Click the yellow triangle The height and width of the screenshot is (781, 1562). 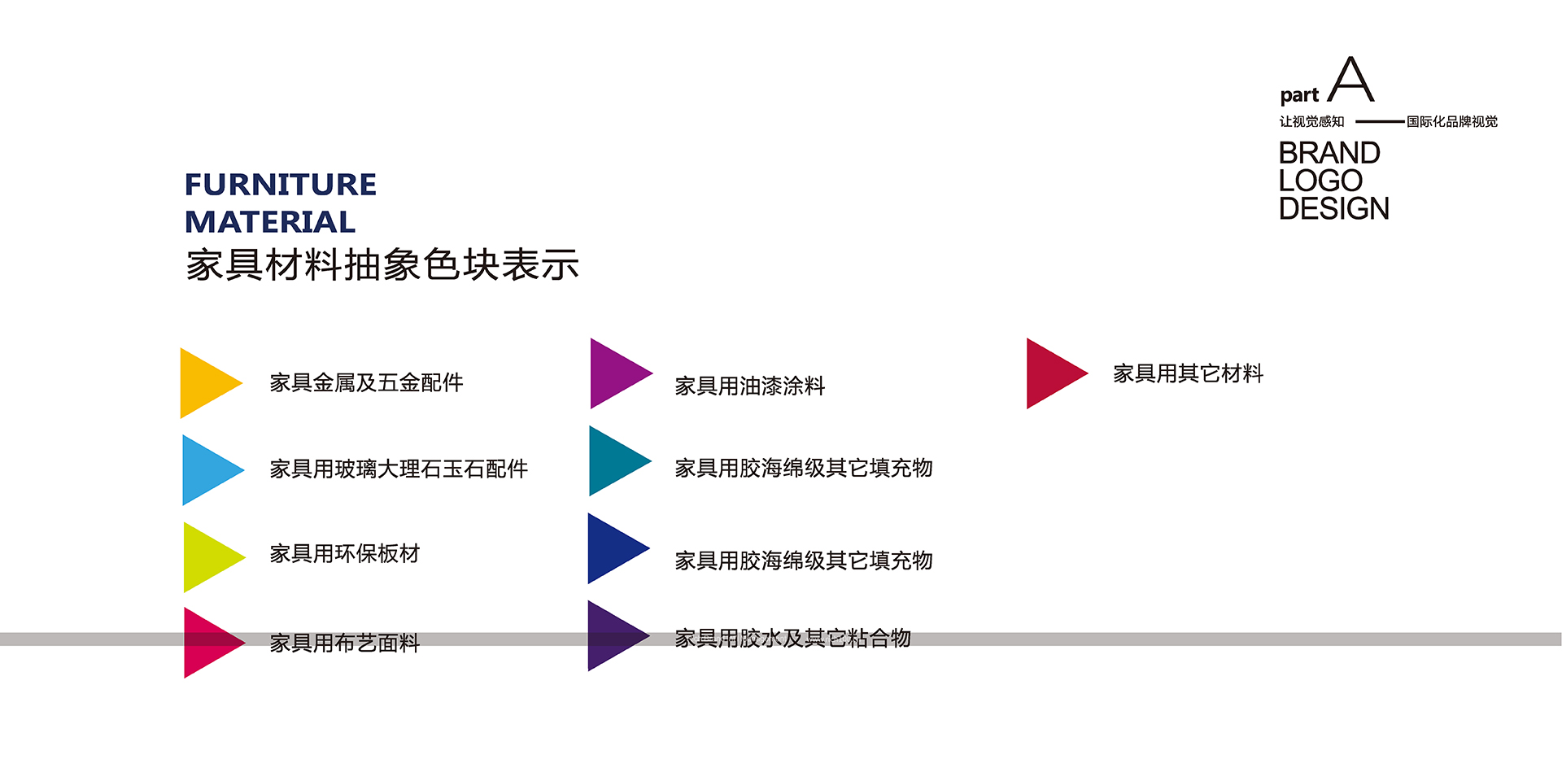(x=204, y=383)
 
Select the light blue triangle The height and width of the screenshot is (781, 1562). (x=206, y=470)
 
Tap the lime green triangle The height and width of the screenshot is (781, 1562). (x=207, y=557)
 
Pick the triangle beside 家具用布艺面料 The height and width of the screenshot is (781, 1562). (x=207, y=643)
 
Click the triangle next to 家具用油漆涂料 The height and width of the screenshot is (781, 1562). (x=614, y=373)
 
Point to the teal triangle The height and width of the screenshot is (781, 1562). (x=613, y=461)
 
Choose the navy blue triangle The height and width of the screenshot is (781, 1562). (x=612, y=548)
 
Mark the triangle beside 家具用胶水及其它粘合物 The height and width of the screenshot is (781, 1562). (x=612, y=636)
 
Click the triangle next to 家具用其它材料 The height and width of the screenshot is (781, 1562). (x=1050, y=373)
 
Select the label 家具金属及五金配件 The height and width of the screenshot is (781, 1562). (x=366, y=382)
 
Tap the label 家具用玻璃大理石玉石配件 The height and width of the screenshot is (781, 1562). (x=399, y=469)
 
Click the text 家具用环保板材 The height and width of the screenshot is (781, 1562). (x=344, y=554)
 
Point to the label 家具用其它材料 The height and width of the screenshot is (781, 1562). (x=1188, y=374)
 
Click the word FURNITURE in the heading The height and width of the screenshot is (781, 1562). (x=281, y=185)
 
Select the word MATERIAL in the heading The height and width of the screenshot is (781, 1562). (x=270, y=222)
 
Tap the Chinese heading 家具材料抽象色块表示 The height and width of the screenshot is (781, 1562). (x=382, y=265)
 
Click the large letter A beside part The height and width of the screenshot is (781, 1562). (x=1351, y=80)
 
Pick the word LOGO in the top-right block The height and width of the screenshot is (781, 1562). (x=1320, y=181)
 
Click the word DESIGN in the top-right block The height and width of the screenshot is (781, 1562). (x=1334, y=209)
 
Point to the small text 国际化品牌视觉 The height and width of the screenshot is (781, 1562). (x=1452, y=122)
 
